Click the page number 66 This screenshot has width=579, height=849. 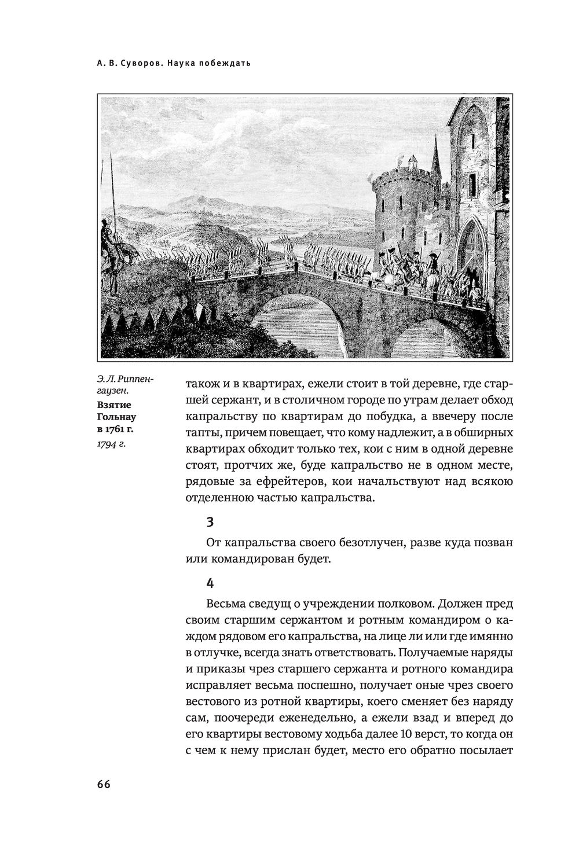[104, 784]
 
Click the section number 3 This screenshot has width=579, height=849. [210, 522]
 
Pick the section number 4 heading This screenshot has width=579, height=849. [210, 582]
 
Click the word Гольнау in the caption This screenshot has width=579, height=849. [116, 416]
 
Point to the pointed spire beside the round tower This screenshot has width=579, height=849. [438, 153]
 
